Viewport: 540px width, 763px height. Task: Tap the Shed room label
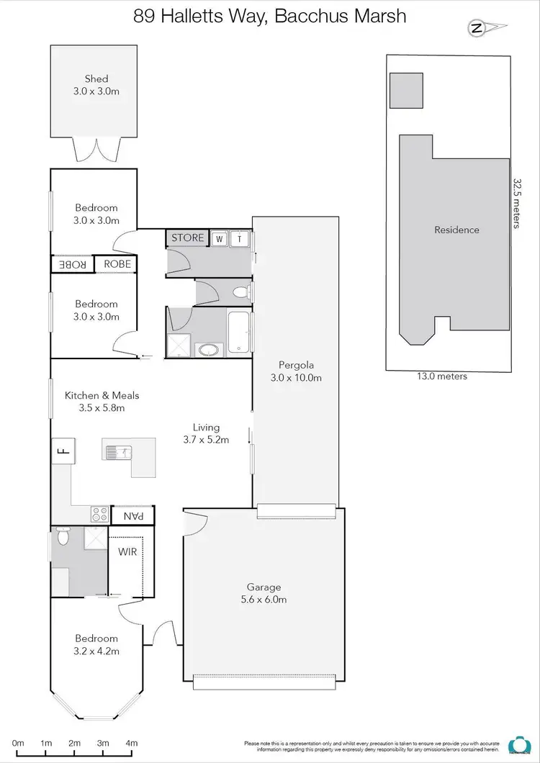point(96,78)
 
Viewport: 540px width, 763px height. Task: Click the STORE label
point(188,238)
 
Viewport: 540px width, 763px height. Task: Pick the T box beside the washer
point(240,238)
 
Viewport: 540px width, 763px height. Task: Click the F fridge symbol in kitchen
point(62,451)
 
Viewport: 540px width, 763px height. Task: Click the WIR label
point(127,552)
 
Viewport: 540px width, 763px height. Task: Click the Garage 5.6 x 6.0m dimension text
point(263,600)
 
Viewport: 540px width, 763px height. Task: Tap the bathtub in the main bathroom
point(240,333)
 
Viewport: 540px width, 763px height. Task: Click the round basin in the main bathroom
point(210,351)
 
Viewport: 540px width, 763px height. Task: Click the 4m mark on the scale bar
point(132,743)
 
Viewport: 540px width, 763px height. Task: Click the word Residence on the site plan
point(456,230)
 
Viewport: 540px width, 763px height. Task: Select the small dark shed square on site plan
point(406,89)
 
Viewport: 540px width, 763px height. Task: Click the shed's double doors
point(96,150)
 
